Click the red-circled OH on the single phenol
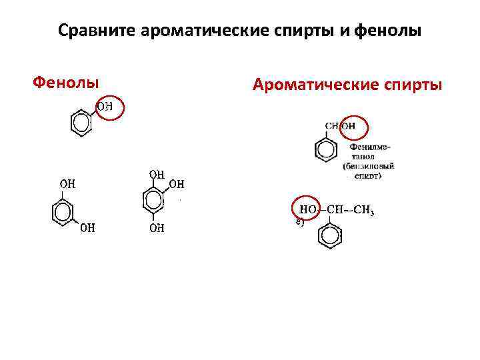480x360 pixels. coord(106,107)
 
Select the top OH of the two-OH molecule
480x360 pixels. coord(67,183)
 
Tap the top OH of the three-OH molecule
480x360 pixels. coord(157,175)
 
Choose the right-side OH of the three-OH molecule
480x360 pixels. coord(177,184)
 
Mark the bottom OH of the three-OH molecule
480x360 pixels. coord(157,228)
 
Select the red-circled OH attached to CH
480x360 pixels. coord(349,126)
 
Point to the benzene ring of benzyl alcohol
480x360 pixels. coord(326,149)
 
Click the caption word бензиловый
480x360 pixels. coord(369,165)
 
